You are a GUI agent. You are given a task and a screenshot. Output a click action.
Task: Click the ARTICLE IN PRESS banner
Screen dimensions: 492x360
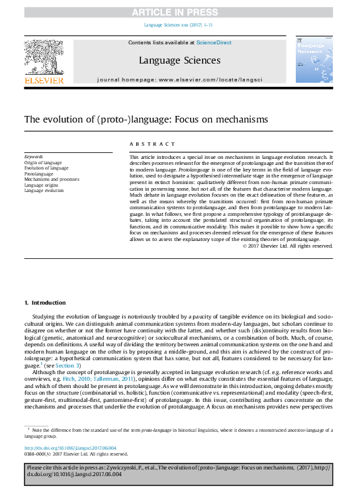pyautogui.click(x=179, y=13)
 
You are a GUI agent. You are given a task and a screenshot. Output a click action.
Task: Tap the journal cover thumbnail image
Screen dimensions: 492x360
pyautogui.click(x=314, y=60)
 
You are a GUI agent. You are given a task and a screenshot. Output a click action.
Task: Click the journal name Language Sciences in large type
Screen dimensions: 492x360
pyautogui.click(x=179, y=60)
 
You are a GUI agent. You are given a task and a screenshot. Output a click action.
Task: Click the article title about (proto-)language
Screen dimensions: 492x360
pyautogui.click(x=137, y=120)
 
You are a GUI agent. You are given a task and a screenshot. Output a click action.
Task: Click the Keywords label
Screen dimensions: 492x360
pyautogui.click(x=34, y=157)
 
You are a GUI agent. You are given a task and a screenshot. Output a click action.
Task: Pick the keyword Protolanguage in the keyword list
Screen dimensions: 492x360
pyautogui.click(x=40, y=173)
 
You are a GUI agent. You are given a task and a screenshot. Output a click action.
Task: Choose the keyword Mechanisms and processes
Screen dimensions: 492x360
pyautogui.click(x=52, y=179)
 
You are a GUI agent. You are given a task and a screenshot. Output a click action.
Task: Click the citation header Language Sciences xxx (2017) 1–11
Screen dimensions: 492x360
pyautogui.click(x=179, y=26)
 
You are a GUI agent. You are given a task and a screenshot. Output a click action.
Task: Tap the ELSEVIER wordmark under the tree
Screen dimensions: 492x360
pyautogui.click(x=44, y=80)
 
